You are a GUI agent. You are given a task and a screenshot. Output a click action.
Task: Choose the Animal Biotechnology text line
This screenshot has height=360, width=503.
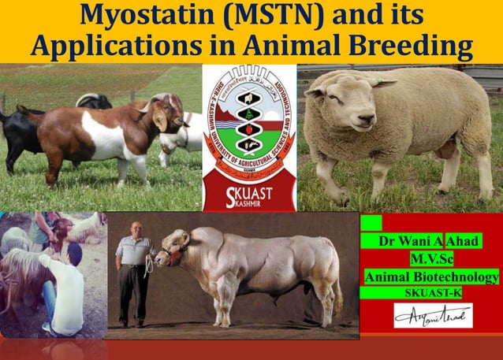(x=430, y=276)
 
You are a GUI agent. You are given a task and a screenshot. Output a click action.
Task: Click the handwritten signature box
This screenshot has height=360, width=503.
(x=433, y=315)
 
